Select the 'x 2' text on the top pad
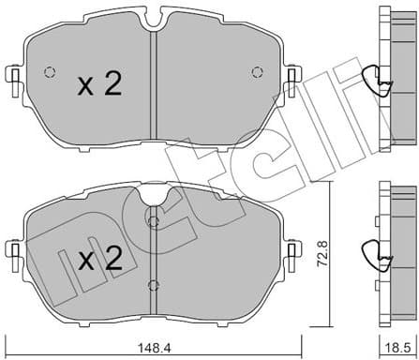pyautogui.click(x=99, y=85)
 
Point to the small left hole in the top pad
pyautogui.click(x=51, y=72)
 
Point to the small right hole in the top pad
pyautogui.click(x=258, y=72)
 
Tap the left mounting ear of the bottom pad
pyautogui.click(x=13, y=248)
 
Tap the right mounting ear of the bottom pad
pyautogui.click(x=295, y=248)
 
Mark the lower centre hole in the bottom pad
pyautogui.click(x=154, y=284)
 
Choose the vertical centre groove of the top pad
pyautogui.click(x=154, y=84)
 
